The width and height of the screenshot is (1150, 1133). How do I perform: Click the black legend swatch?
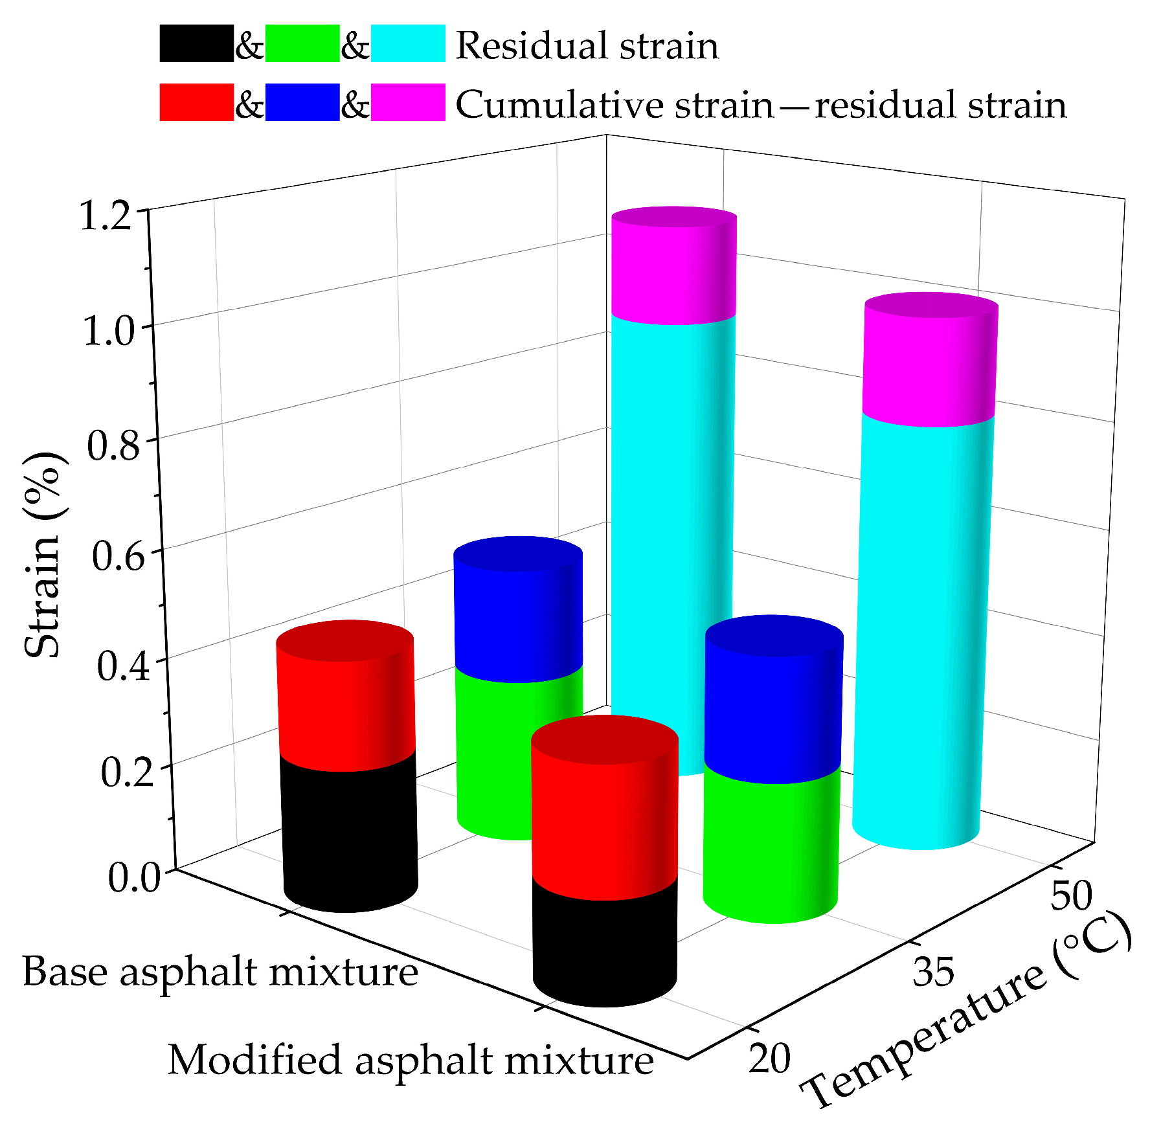(x=196, y=43)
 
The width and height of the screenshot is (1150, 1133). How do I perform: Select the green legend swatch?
(x=302, y=43)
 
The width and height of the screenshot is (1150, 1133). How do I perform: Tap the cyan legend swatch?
(x=408, y=43)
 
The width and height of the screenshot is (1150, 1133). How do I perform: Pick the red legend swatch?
(x=196, y=102)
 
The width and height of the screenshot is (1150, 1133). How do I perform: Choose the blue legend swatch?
(x=302, y=102)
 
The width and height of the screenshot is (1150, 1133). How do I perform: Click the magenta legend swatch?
(x=408, y=102)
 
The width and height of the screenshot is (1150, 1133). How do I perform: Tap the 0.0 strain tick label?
(x=133, y=878)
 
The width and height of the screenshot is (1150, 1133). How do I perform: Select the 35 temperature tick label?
(x=933, y=972)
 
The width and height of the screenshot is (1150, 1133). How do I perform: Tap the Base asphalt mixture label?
(x=220, y=972)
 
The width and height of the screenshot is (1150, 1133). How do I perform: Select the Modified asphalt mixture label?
(x=411, y=1060)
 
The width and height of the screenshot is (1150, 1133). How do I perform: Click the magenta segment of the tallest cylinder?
(x=673, y=269)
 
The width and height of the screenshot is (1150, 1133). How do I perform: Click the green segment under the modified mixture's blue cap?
(x=771, y=842)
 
